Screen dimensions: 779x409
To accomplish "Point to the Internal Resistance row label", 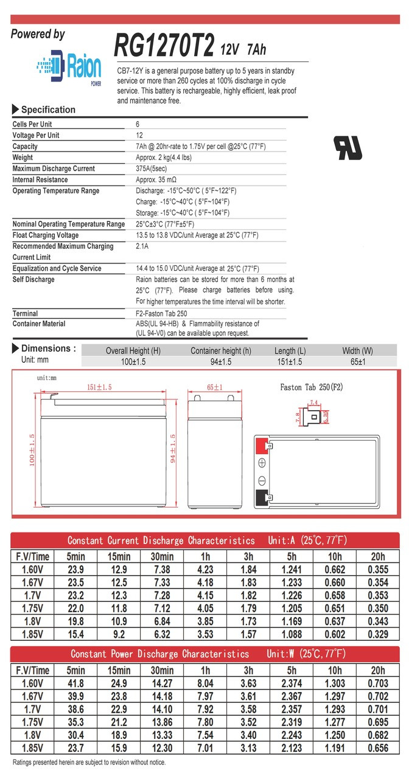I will [x=41, y=180].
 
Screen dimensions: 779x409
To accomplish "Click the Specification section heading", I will [x=48, y=110].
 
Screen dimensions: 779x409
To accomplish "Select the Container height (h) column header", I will [x=220, y=351].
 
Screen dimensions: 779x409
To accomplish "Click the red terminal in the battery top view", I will [x=262, y=445].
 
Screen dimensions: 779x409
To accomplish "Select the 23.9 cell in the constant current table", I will [x=75, y=570].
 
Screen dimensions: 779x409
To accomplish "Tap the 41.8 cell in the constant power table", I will [x=75, y=683].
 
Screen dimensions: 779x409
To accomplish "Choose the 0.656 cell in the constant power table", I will [x=378, y=749].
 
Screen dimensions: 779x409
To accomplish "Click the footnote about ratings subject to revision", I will [x=89, y=763].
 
